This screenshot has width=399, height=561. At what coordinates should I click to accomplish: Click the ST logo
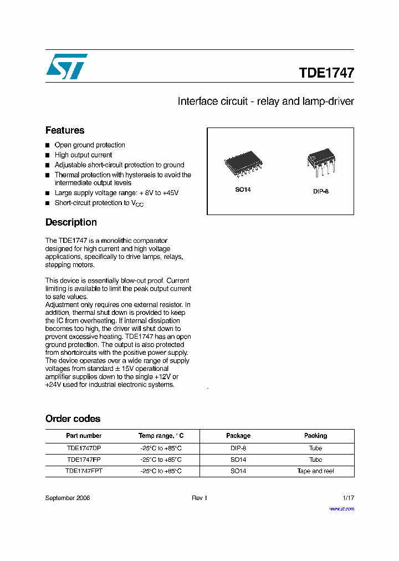66,67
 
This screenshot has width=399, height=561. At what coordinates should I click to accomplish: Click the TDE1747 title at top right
326,73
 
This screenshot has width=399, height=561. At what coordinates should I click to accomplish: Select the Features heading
65,130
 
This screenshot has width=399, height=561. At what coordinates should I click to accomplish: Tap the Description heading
71,222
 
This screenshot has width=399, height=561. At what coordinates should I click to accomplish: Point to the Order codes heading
73,419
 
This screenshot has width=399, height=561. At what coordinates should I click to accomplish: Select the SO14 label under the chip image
243,190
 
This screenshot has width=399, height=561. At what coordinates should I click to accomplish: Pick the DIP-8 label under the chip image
321,191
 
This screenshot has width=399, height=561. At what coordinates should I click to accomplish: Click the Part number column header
84,436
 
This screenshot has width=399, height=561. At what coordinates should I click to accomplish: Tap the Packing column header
315,436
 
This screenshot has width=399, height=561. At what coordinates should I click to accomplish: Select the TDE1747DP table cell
84,448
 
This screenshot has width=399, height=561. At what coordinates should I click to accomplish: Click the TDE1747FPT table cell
84,471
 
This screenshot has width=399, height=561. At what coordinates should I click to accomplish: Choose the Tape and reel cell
315,471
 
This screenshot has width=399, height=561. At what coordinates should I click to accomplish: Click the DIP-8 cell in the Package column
238,448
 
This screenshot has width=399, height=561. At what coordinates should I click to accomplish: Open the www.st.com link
341,508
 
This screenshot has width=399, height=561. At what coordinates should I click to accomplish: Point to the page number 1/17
348,498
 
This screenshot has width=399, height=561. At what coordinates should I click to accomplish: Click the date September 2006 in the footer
68,498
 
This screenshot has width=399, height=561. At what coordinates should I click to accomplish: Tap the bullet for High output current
48,155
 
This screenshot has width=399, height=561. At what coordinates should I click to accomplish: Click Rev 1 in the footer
199,498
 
